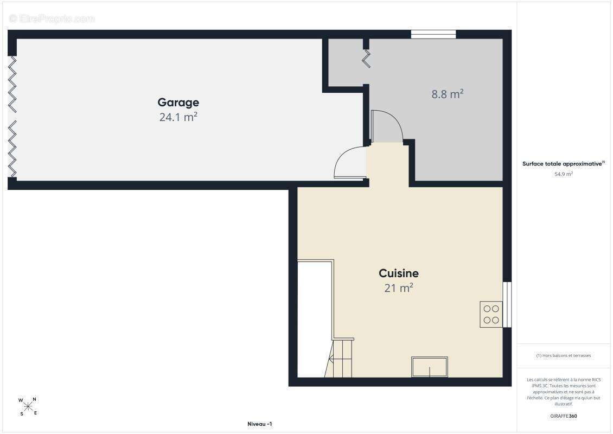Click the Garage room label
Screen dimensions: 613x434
[178, 103]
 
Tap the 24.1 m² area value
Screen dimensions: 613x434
[178, 117]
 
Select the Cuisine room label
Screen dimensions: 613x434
[399, 273]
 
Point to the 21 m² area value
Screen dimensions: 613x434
[399, 288]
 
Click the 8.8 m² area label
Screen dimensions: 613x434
[448, 94]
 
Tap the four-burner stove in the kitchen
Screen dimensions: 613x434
[491, 314]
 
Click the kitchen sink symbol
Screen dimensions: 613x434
[430, 367]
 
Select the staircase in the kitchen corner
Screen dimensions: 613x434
[339, 358]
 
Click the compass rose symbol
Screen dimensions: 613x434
[28, 406]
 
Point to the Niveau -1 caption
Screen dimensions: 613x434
[260, 424]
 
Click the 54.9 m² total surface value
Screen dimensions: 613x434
[563, 174]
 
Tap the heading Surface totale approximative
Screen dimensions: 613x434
[563, 164]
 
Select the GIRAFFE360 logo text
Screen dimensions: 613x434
[563, 416]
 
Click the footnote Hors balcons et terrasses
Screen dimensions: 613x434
[563, 355]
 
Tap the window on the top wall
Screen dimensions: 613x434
[433, 34]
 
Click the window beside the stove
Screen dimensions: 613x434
[507, 304]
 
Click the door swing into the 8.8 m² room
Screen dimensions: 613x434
[387, 126]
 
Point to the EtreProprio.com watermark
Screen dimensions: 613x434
[52, 18]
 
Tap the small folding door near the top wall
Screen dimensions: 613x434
[366, 58]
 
